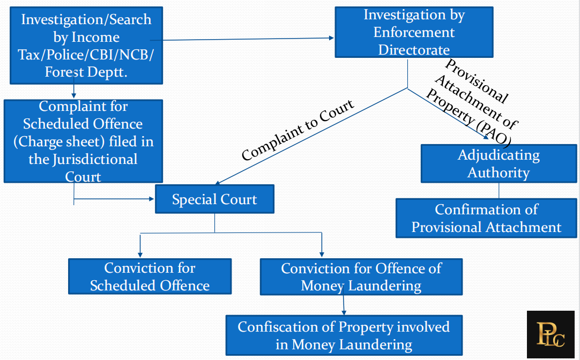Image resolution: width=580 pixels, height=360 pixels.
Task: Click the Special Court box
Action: (x=214, y=199)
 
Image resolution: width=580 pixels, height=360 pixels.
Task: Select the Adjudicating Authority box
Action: (x=499, y=163)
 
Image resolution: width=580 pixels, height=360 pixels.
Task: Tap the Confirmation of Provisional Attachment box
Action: (x=486, y=218)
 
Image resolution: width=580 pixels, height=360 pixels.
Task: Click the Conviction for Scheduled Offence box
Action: (x=150, y=276)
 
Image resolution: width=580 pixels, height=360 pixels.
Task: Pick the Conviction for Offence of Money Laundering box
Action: (x=361, y=276)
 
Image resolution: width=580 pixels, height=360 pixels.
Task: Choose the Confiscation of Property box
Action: (x=344, y=335)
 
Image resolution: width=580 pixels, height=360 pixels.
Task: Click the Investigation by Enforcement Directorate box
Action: (x=414, y=32)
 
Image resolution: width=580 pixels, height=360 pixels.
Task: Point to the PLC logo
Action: (x=551, y=335)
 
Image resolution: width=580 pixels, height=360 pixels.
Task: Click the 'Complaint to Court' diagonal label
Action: (x=298, y=130)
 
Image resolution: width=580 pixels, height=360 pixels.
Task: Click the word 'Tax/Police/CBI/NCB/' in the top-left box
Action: (x=86, y=55)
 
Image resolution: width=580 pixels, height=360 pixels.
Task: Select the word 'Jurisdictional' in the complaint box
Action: (x=83, y=159)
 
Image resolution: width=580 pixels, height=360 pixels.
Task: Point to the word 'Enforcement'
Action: (x=414, y=32)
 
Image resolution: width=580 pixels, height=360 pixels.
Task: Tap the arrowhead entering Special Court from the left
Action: (x=152, y=199)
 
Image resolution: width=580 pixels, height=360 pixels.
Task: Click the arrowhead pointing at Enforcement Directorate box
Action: (x=331, y=38)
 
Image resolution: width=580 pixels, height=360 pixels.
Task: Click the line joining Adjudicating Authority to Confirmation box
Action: (x=499, y=191)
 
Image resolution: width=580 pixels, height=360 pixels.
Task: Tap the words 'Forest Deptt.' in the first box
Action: (x=86, y=72)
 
